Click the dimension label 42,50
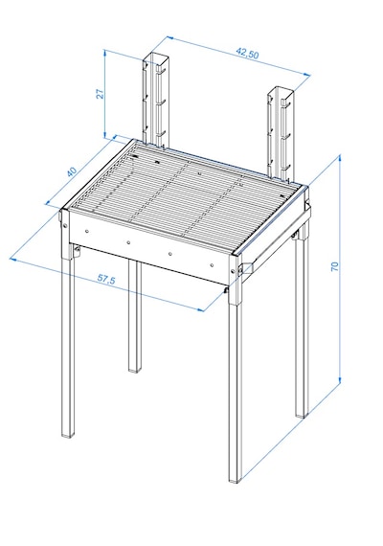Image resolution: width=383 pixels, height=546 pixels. coord(248,54)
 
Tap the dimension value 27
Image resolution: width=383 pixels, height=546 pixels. coord(100,94)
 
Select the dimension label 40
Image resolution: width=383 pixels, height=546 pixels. coord(72,172)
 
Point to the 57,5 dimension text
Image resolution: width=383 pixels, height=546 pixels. coord(106,279)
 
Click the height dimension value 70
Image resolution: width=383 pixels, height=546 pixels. coord(334,266)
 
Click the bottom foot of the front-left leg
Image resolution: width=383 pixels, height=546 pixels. coord(68,435)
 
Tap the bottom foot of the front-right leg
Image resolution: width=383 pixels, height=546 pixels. coord(235,480)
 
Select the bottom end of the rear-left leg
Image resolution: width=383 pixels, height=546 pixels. coord(135,370)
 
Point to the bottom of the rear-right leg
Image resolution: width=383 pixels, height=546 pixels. coord(302,415)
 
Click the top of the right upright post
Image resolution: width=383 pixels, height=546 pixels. coord(282,91)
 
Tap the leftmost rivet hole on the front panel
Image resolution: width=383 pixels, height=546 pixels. coord(87,231)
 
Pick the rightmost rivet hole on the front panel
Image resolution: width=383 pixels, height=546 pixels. coord(212,265)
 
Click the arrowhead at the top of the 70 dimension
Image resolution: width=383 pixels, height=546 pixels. coord(339,158)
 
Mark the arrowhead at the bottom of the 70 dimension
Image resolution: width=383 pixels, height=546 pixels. coord(340,380)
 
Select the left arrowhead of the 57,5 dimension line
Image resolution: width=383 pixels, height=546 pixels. coord(13,259)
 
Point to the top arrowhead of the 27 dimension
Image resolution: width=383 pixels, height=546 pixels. coord(104,54)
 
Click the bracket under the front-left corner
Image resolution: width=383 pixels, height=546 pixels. coord(77,250)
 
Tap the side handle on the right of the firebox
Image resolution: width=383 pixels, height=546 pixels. coord(247,268)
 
